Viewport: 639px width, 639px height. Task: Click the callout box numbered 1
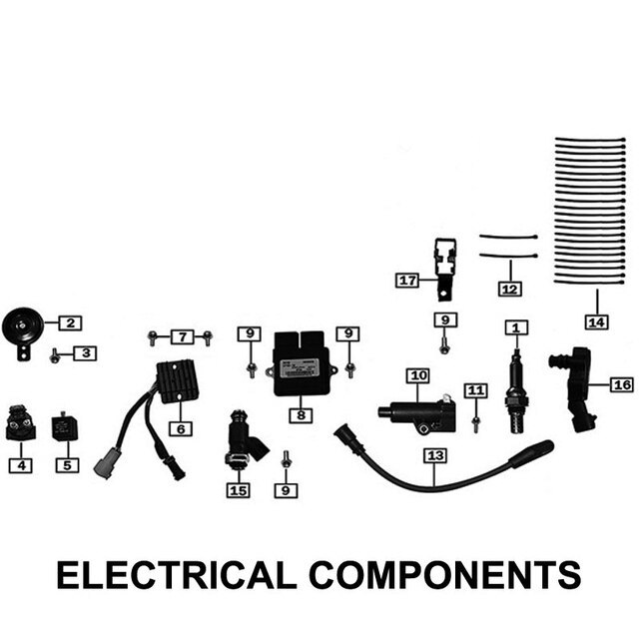pyautogui.click(x=516, y=327)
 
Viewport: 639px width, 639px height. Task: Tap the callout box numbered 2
pyautogui.click(x=71, y=322)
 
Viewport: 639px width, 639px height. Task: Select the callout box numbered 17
pyautogui.click(x=407, y=281)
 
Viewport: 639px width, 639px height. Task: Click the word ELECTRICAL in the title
pyautogui.click(x=175, y=576)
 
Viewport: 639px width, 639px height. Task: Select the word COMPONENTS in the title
pyautogui.click(x=444, y=576)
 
